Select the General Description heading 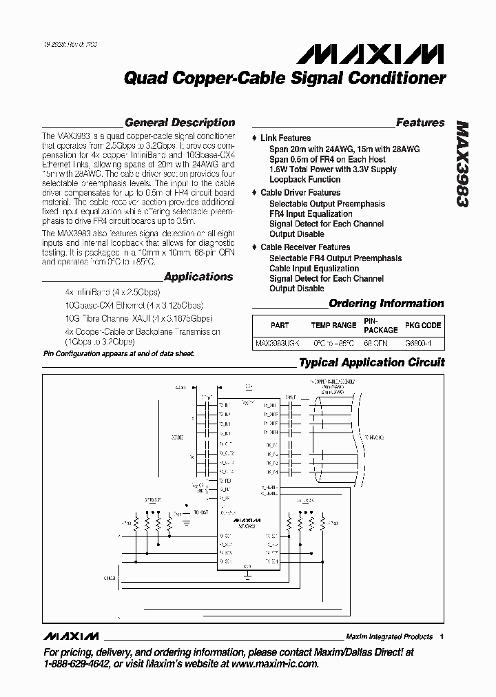click(179, 123)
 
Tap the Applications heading click(198, 277)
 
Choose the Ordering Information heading click(386, 303)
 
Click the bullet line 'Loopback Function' click(304, 180)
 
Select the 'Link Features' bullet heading click(285, 138)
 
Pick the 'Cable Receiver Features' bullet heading click(304, 247)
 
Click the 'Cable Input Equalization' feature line click(313, 268)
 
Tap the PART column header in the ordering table click(280, 325)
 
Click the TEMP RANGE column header click(333, 325)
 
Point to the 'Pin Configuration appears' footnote click(118, 353)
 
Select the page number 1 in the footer click(442, 636)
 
